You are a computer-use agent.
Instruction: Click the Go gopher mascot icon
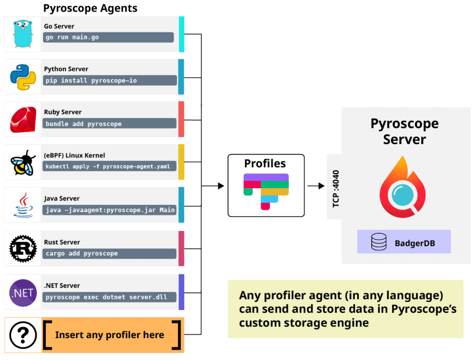[x=23, y=34]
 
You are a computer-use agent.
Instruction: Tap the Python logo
[x=23, y=77]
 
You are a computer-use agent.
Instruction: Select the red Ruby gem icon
[x=23, y=120]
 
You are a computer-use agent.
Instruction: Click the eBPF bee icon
[x=23, y=163]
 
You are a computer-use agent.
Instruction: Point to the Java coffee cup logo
[x=23, y=205]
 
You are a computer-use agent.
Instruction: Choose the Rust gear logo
[x=23, y=249]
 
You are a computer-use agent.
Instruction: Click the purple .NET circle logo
[x=23, y=292]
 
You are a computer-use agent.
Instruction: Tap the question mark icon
[x=23, y=335]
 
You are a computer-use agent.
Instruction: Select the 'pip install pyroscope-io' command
[x=91, y=81]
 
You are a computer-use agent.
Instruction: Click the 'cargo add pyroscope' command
[x=81, y=253]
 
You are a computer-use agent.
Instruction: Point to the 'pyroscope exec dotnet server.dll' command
[x=106, y=297]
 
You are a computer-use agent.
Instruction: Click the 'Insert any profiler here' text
[x=109, y=335]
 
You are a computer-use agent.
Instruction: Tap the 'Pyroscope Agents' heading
[x=90, y=8]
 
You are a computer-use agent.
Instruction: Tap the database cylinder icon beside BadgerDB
[x=379, y=242]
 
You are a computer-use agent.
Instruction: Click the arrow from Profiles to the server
[x=316, y=186]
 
